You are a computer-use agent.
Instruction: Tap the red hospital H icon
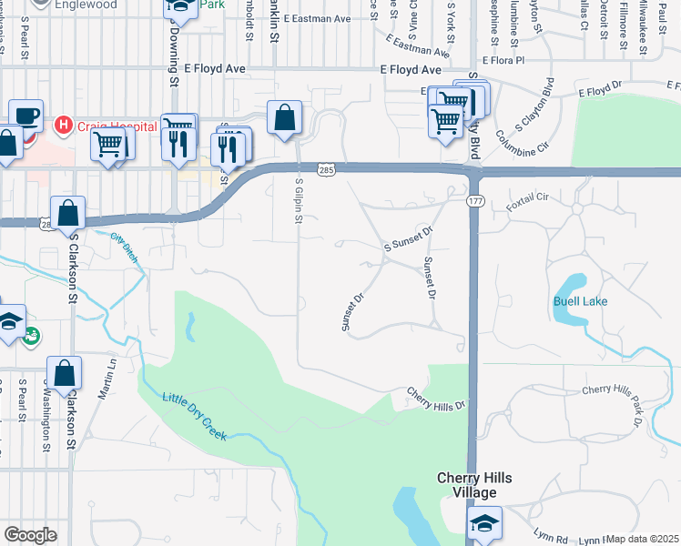63,124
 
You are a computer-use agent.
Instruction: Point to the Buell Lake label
580,301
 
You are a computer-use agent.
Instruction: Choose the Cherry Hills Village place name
467,485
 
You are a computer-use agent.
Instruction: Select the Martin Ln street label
108,376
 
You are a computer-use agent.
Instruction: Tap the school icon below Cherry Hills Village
483,523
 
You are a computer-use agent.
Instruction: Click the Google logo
30,535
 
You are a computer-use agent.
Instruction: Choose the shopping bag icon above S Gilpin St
284,117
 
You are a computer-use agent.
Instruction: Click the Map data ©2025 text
643,539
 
